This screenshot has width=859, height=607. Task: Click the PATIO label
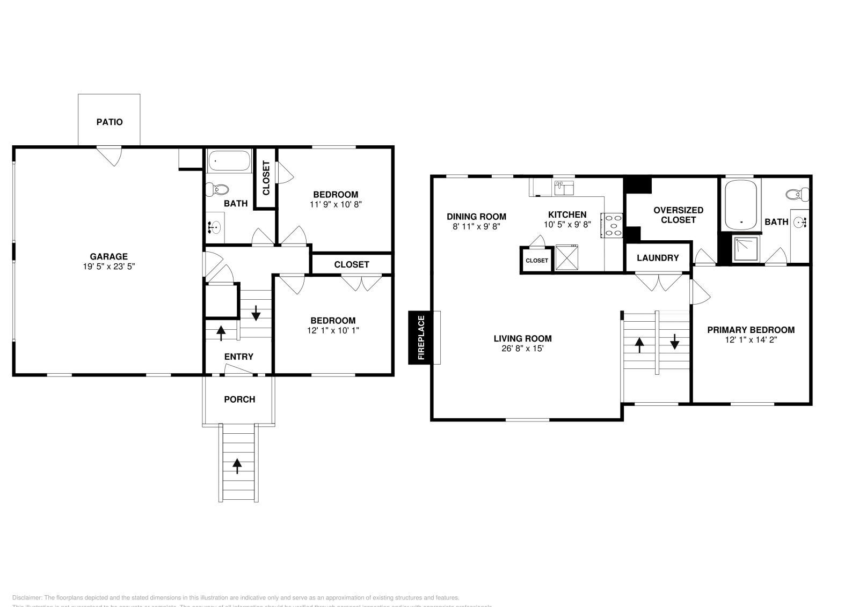(110, 122)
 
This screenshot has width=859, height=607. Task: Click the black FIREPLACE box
(420, 337)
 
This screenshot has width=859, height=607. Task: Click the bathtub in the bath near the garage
(229, 160)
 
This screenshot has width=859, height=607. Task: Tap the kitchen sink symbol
(564, 188)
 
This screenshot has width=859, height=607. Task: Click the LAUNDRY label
(657, 258)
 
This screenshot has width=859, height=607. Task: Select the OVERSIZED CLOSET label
(678, 215)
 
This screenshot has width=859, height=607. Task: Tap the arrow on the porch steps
(238, 465)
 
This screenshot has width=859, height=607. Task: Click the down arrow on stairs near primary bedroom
(674, 342)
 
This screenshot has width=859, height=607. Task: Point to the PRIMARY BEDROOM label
(751, 330)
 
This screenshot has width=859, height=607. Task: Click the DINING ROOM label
(476, 217)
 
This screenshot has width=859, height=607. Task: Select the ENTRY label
(238, 357)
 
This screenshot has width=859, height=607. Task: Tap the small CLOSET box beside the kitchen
(536, 261)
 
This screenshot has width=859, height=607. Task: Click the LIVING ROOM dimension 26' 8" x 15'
(522, 349)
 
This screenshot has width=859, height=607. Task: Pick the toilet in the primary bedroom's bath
(798, 194)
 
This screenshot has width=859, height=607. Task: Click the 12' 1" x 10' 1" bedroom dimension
(333, 330)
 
